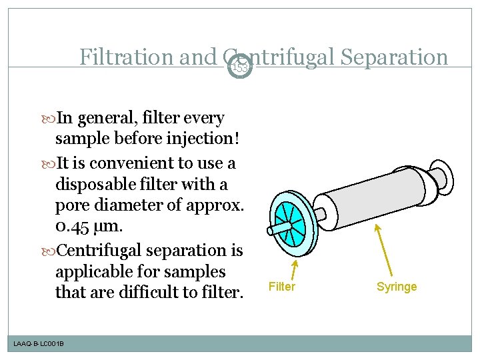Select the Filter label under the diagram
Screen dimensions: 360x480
281,287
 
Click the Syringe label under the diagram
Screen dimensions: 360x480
397,287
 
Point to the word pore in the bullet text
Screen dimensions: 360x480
72,205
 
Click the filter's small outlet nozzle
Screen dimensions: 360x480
275,229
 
